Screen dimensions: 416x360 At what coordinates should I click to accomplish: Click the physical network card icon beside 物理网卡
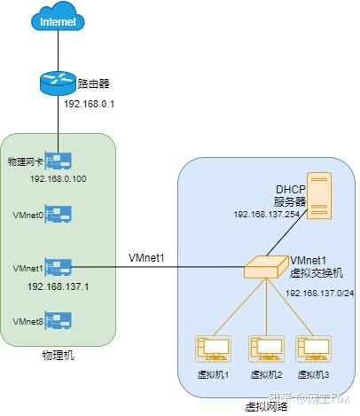tap(58, 161)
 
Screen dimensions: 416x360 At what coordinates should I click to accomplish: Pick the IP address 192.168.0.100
tap(57, 178)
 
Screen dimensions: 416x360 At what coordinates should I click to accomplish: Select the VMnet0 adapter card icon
tap(58, 215)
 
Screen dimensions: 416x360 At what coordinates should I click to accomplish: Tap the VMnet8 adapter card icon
tap(58, 319)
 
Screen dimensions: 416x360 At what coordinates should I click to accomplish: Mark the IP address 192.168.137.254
tap(268, 215)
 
